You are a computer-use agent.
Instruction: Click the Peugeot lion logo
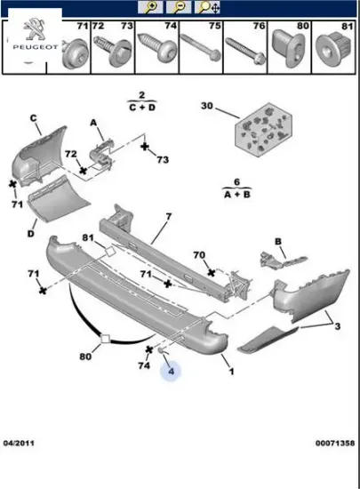[35, 29]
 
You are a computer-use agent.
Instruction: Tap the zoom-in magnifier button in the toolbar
[150, 7]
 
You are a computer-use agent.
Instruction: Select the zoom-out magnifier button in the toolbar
[179, 7]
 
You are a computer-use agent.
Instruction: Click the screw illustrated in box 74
[157, 48]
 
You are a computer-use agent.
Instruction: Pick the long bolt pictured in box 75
[201, 47]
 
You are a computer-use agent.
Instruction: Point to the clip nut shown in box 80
[288, 48]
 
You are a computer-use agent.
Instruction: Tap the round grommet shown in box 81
[334, 48]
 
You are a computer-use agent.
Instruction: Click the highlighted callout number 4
[172, 371]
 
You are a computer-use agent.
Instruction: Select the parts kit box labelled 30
[263, 130]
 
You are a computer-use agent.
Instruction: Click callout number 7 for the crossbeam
[169, 216]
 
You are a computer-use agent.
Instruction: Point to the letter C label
[34, 118]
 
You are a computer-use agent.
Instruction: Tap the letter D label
[30, 233]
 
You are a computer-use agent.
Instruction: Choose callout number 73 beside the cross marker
[163, 160]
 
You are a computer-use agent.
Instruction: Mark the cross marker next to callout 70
[212, 273]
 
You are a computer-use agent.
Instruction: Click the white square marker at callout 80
[106, 339]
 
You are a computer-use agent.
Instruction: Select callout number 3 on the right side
[338, 326]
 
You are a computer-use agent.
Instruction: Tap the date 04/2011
[19, 443]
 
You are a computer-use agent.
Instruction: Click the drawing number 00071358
[335, 443]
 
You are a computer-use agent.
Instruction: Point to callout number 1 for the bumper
[231, 371]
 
